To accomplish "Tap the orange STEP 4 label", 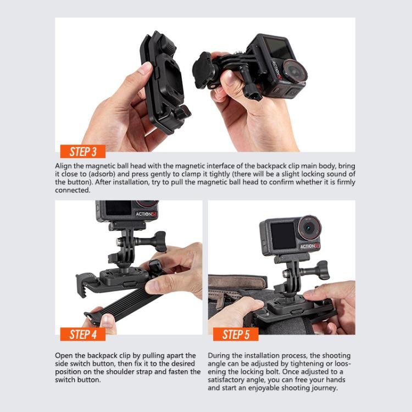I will pos(83,333).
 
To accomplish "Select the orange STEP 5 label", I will pos(236,333).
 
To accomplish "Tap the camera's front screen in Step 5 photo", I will pos(283,235).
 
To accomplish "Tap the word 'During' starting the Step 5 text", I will pos(219,356).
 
